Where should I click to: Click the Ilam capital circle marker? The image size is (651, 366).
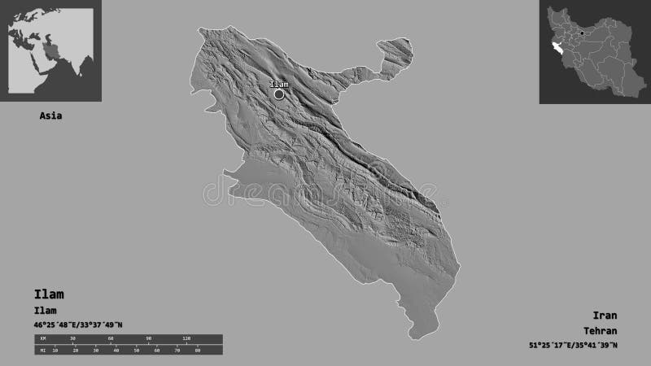pos(279,94)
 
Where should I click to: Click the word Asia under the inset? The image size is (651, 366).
pos(50,115)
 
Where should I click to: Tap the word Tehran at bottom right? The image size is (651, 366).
pos(601,331)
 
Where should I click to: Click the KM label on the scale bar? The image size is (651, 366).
pos(39,338)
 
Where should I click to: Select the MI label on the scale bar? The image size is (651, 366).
pos(39,351)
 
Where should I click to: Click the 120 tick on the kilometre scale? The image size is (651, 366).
pos(186,338)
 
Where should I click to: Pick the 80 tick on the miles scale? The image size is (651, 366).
pos(197,351)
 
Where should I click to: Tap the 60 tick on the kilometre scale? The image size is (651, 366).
pos(111,338)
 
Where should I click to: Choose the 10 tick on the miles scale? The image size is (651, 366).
pos(55,351)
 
